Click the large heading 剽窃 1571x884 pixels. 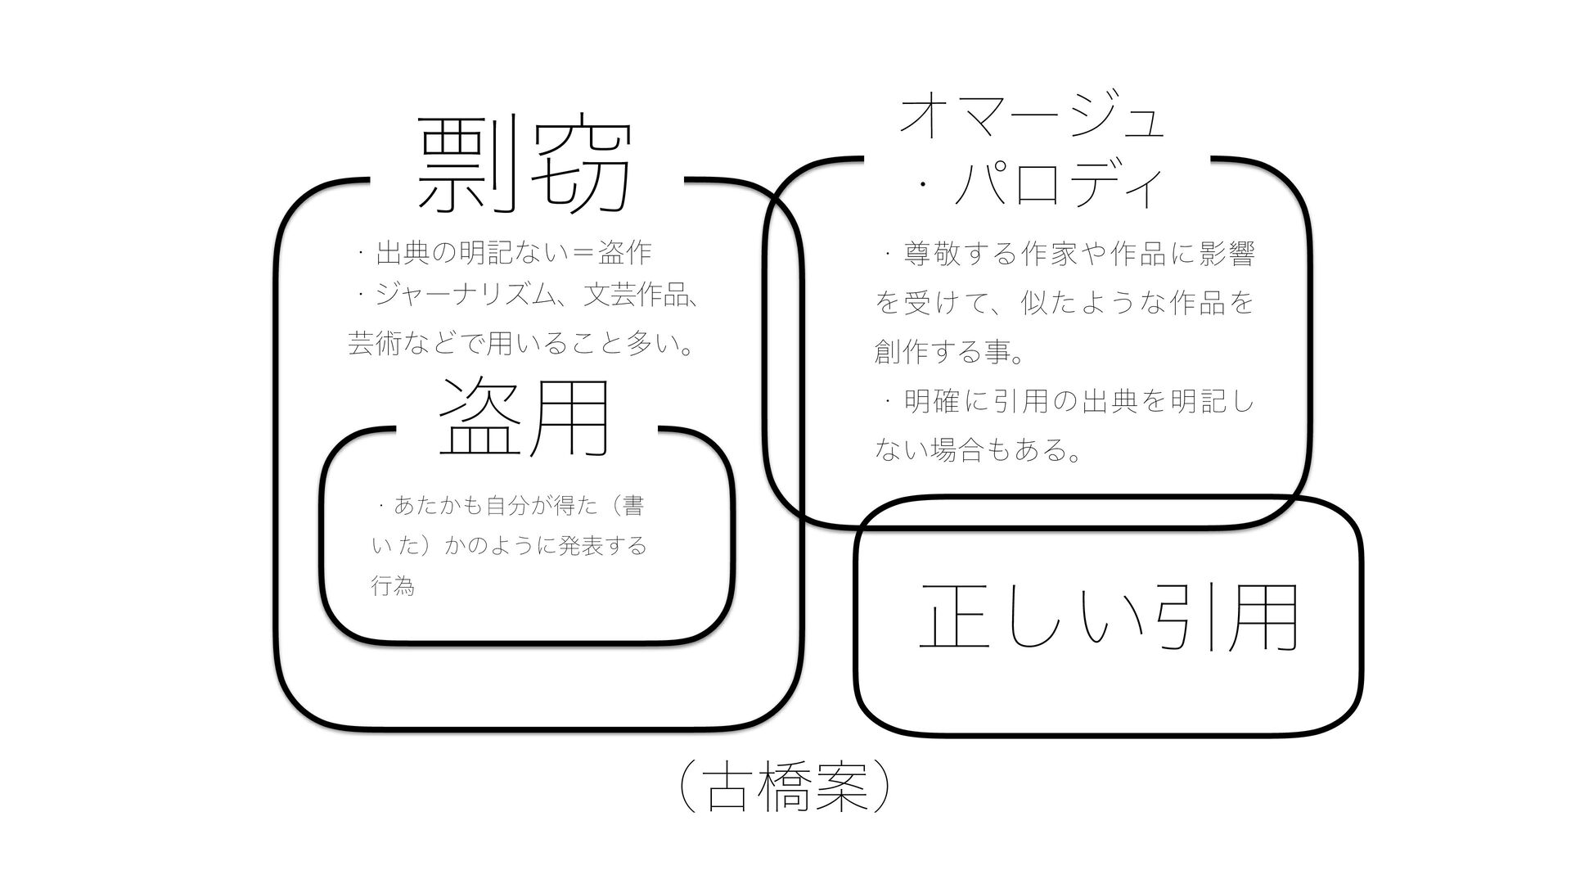pos(524,167)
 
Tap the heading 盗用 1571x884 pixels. pos(524,417)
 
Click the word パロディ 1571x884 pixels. pos(1059,188)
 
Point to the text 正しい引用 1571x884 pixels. pos(1109,617)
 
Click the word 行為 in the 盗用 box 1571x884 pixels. pos(394,586)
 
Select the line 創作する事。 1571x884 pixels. pos(949,354)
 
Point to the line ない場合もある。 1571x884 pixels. pos(979,449)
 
